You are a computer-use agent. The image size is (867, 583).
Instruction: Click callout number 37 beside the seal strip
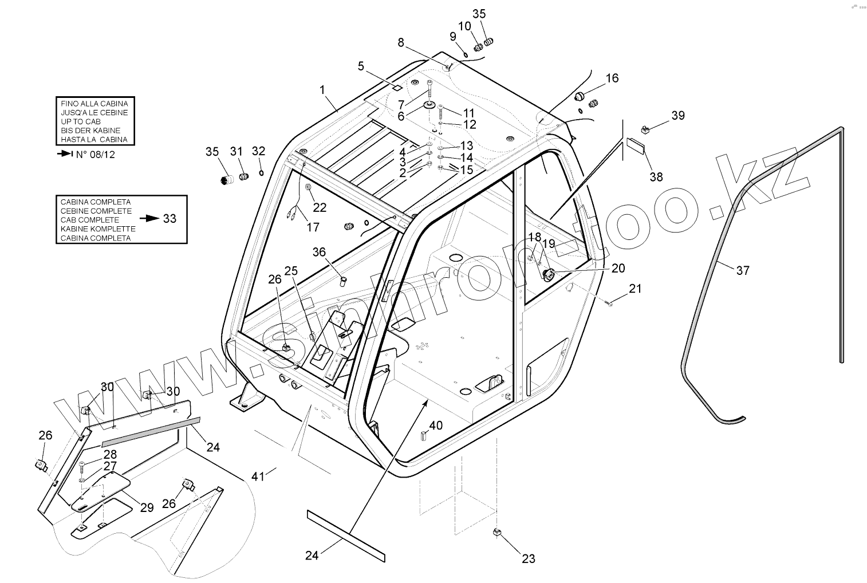point(742,270)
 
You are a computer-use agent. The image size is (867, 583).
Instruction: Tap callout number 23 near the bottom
point(528,558)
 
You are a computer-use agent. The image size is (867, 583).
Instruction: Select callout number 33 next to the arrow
point(170,219)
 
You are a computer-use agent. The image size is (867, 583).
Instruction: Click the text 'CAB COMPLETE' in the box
point(90,220)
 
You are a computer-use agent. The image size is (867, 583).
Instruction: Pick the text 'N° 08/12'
point(96,155)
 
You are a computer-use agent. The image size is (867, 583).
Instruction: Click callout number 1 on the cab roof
point(322,89)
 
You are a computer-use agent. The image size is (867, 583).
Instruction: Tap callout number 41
point(258,476)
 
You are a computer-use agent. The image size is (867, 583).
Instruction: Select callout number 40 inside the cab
point(436,426)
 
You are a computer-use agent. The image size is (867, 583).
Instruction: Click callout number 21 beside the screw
point(636,289)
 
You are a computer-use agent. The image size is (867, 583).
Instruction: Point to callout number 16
point(612,78)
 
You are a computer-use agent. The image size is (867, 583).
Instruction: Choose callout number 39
point(677,115)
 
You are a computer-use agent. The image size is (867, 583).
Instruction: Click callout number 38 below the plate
point(656,177)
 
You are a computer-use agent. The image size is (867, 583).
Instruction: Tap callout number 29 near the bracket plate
point(147,507)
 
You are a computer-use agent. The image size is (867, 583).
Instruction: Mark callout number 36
point(319,251)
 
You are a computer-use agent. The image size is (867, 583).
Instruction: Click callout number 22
point(319,208)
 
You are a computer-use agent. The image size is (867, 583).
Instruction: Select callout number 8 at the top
point(401,42)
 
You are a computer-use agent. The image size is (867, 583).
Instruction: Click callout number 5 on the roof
point(361,66)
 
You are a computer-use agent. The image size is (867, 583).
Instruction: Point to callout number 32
point(259,151)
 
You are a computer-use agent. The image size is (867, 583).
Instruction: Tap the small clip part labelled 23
point(497,533)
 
